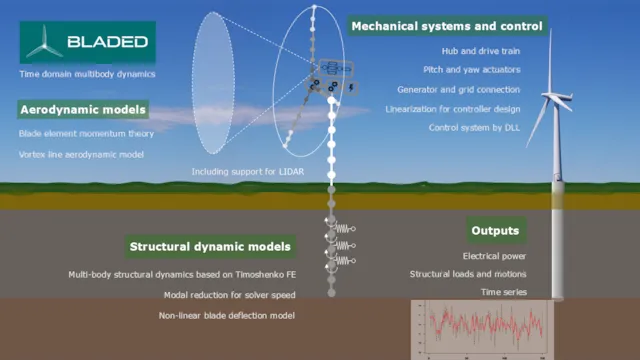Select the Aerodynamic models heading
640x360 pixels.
(83, 109)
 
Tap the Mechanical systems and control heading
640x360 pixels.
(447, 25)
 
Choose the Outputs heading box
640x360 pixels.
(496, 231)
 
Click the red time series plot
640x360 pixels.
(478, 328)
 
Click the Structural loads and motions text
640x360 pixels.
(468, 274)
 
